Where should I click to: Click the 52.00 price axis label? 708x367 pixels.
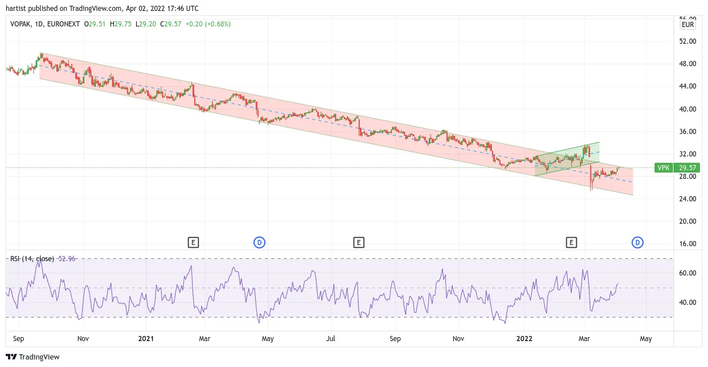tap(687, 41)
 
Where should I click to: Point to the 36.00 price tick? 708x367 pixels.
tap(687, 132)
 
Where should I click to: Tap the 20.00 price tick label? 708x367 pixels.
tap(687, 221)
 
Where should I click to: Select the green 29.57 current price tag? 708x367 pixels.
tap(687, 168)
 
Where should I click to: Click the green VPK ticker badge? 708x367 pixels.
tap(663, 168)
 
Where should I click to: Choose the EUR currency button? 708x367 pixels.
tap(687, 25)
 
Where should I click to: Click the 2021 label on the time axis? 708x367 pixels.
tap(146, 339)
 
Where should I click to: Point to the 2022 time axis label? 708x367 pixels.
tap(524, 339)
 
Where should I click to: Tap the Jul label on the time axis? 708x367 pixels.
tap(330, 339)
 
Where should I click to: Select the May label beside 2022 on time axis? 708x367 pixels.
tap(646, 339)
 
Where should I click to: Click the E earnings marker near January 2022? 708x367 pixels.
tap(571, 243)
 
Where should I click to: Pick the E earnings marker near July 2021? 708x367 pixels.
tap(359, 243)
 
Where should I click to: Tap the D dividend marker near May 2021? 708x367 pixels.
tap(260, 243)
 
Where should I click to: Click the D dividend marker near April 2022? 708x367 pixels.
tap(637, 243)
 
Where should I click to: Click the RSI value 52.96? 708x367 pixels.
tap(67, 259)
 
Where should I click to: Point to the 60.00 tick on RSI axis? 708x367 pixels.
tap(687, 273)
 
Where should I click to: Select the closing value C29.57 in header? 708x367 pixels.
tap(171, 24)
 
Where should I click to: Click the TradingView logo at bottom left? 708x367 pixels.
tap(33, 357)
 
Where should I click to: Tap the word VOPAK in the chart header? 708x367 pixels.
tap(20, 24)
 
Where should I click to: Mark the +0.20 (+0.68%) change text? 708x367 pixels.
tap(208, 24)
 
